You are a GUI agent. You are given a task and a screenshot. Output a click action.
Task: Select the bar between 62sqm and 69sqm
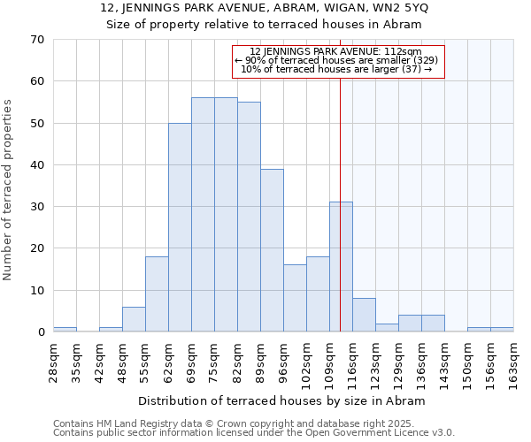pos(180,227)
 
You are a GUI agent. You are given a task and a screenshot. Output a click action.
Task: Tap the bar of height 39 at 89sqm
pos(272,250)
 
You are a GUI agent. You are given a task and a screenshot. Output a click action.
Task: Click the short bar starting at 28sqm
pos(65,330)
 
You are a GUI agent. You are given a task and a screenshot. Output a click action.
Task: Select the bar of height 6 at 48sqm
pos(134,319)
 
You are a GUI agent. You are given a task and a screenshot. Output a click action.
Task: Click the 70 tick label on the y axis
pos(36,40)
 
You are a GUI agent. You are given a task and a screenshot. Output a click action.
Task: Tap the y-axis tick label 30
pos(36,207)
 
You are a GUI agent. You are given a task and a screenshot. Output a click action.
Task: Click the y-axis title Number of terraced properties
pos(9,189)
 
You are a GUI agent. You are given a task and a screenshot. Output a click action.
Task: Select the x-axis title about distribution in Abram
pos(282,400)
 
